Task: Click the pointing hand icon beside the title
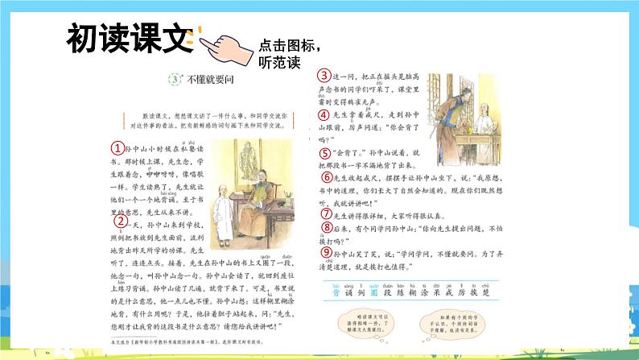click(226, 45)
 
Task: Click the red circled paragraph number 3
click(324, 75)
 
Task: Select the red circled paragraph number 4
click(324, 114)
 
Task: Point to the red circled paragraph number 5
click(324, 153)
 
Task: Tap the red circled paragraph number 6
click(326, 177)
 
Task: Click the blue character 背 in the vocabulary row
click(327, 294)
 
